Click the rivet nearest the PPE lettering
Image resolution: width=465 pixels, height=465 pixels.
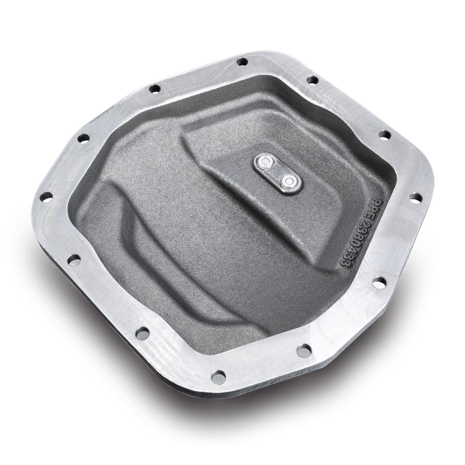click(290, 180)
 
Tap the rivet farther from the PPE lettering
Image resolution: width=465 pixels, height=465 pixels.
click(263, 161)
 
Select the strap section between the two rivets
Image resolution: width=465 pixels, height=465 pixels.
click(277, 171)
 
